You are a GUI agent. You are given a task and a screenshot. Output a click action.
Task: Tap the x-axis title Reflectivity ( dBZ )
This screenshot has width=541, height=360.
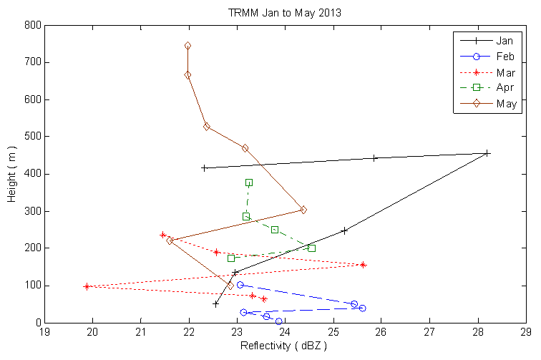pyautogui.click(x=284, y=346)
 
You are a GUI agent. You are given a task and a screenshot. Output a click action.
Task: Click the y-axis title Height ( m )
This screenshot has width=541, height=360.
pyautogui.click(x=12, y=174)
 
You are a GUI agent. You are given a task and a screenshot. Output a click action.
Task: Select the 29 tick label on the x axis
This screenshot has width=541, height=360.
pyautogui.click(x=526, y=331)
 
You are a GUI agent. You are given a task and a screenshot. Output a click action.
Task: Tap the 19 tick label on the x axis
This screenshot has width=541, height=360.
pyautogui.click(x=44, y=331)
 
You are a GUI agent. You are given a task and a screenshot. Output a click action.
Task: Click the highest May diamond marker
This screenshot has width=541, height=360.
pyautogui.click(x=187, y=46)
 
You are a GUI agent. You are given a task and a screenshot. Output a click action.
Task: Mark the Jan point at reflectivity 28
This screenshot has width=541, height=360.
pyautogui.click(x=487, y=153)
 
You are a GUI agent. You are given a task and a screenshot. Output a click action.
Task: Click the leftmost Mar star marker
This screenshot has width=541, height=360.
pyautogui.click(x=87, y=286)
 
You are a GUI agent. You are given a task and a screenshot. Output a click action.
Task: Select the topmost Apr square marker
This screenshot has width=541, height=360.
pyautogui.click(x=249, y=183)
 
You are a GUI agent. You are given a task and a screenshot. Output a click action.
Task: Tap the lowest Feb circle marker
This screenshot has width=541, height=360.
pyautogui.click(x=278, y=321)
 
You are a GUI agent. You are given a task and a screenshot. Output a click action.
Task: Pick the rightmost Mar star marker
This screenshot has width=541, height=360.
pyautogui.click(x=363, y=265)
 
